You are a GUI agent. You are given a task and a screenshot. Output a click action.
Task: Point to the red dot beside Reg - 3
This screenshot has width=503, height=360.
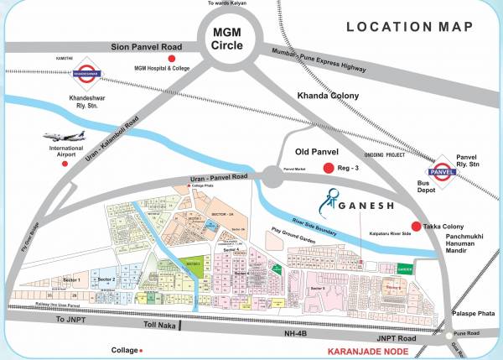coord(330,169)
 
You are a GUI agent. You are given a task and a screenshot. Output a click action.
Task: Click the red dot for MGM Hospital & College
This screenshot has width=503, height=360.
coord(173,58)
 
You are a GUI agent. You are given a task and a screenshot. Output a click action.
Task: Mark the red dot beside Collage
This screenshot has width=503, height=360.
coord(142,351)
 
